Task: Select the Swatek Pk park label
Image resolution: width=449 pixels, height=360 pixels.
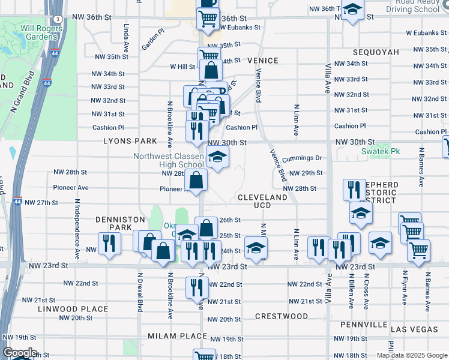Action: tap(376, 152)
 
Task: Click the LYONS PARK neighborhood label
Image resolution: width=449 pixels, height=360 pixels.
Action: tap(130, 141)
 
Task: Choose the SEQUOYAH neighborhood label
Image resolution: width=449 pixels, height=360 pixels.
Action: tap(376, 52)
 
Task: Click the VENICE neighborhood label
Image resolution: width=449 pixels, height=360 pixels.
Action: tap(262, 61)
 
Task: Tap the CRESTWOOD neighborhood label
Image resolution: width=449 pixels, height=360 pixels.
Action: tap(282, 316)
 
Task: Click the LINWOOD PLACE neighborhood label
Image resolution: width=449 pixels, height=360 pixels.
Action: tap(73, 309)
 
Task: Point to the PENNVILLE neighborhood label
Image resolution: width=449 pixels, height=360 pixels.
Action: tap(363, 325)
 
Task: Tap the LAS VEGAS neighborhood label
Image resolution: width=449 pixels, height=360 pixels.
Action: tap(414, 330)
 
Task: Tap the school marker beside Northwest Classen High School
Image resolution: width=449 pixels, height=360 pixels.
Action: tap(217, 158)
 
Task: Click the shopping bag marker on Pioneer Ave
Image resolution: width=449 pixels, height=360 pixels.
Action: tap(196, 179)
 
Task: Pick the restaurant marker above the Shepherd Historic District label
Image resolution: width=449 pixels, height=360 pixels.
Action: tap(354, 190)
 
